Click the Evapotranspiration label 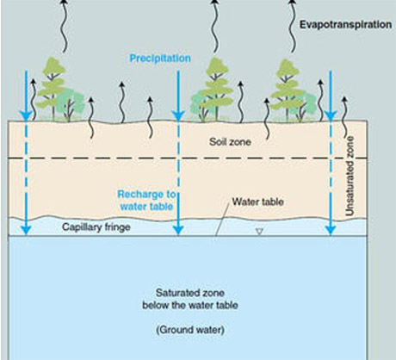tap(345, 25)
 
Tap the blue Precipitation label tap(160, 59)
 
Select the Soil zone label tap(230, 142)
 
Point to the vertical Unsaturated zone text tap(350, 176)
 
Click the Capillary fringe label tap(96, 227)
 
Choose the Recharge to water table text tap(146, 201)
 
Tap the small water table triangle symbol tap(260, 232)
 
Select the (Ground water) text tap(190, 330)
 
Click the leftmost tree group tap(59, 90)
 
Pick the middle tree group tap(213, 90)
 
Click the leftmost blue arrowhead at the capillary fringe tap(26, 230)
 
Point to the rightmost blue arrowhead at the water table tap(331, 230)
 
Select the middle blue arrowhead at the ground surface tap(178, 115)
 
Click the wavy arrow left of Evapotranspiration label tap(292, 27)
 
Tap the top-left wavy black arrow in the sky tap(64, 27)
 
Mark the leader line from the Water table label tap(222, 218)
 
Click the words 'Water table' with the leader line tap(258, 202)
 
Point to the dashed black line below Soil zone tap(188, 158)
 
